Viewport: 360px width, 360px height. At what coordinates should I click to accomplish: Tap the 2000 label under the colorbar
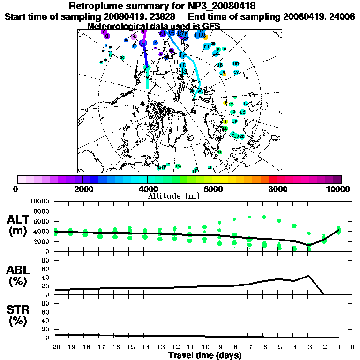[x=82, y=189]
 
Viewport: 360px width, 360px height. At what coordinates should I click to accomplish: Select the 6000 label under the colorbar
[x=212, y=189]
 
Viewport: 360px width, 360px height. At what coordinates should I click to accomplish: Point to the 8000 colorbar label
[x=277, y=189]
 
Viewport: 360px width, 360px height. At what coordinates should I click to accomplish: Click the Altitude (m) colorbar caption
[x=180, y=196]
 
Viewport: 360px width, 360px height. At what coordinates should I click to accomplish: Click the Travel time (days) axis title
[x=205, y=355]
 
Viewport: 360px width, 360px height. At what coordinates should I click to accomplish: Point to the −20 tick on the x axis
[x=54, y=347]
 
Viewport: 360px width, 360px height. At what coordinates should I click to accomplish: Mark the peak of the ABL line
[x=309, y=276]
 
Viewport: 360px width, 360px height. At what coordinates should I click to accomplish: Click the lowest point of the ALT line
[x=309, y=245]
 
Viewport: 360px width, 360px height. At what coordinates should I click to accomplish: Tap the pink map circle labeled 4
[x=134, y=37]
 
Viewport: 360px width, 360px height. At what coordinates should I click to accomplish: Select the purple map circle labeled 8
[x=107, y=36]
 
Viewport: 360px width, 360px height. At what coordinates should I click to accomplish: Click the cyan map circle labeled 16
[x=242, y=112]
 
